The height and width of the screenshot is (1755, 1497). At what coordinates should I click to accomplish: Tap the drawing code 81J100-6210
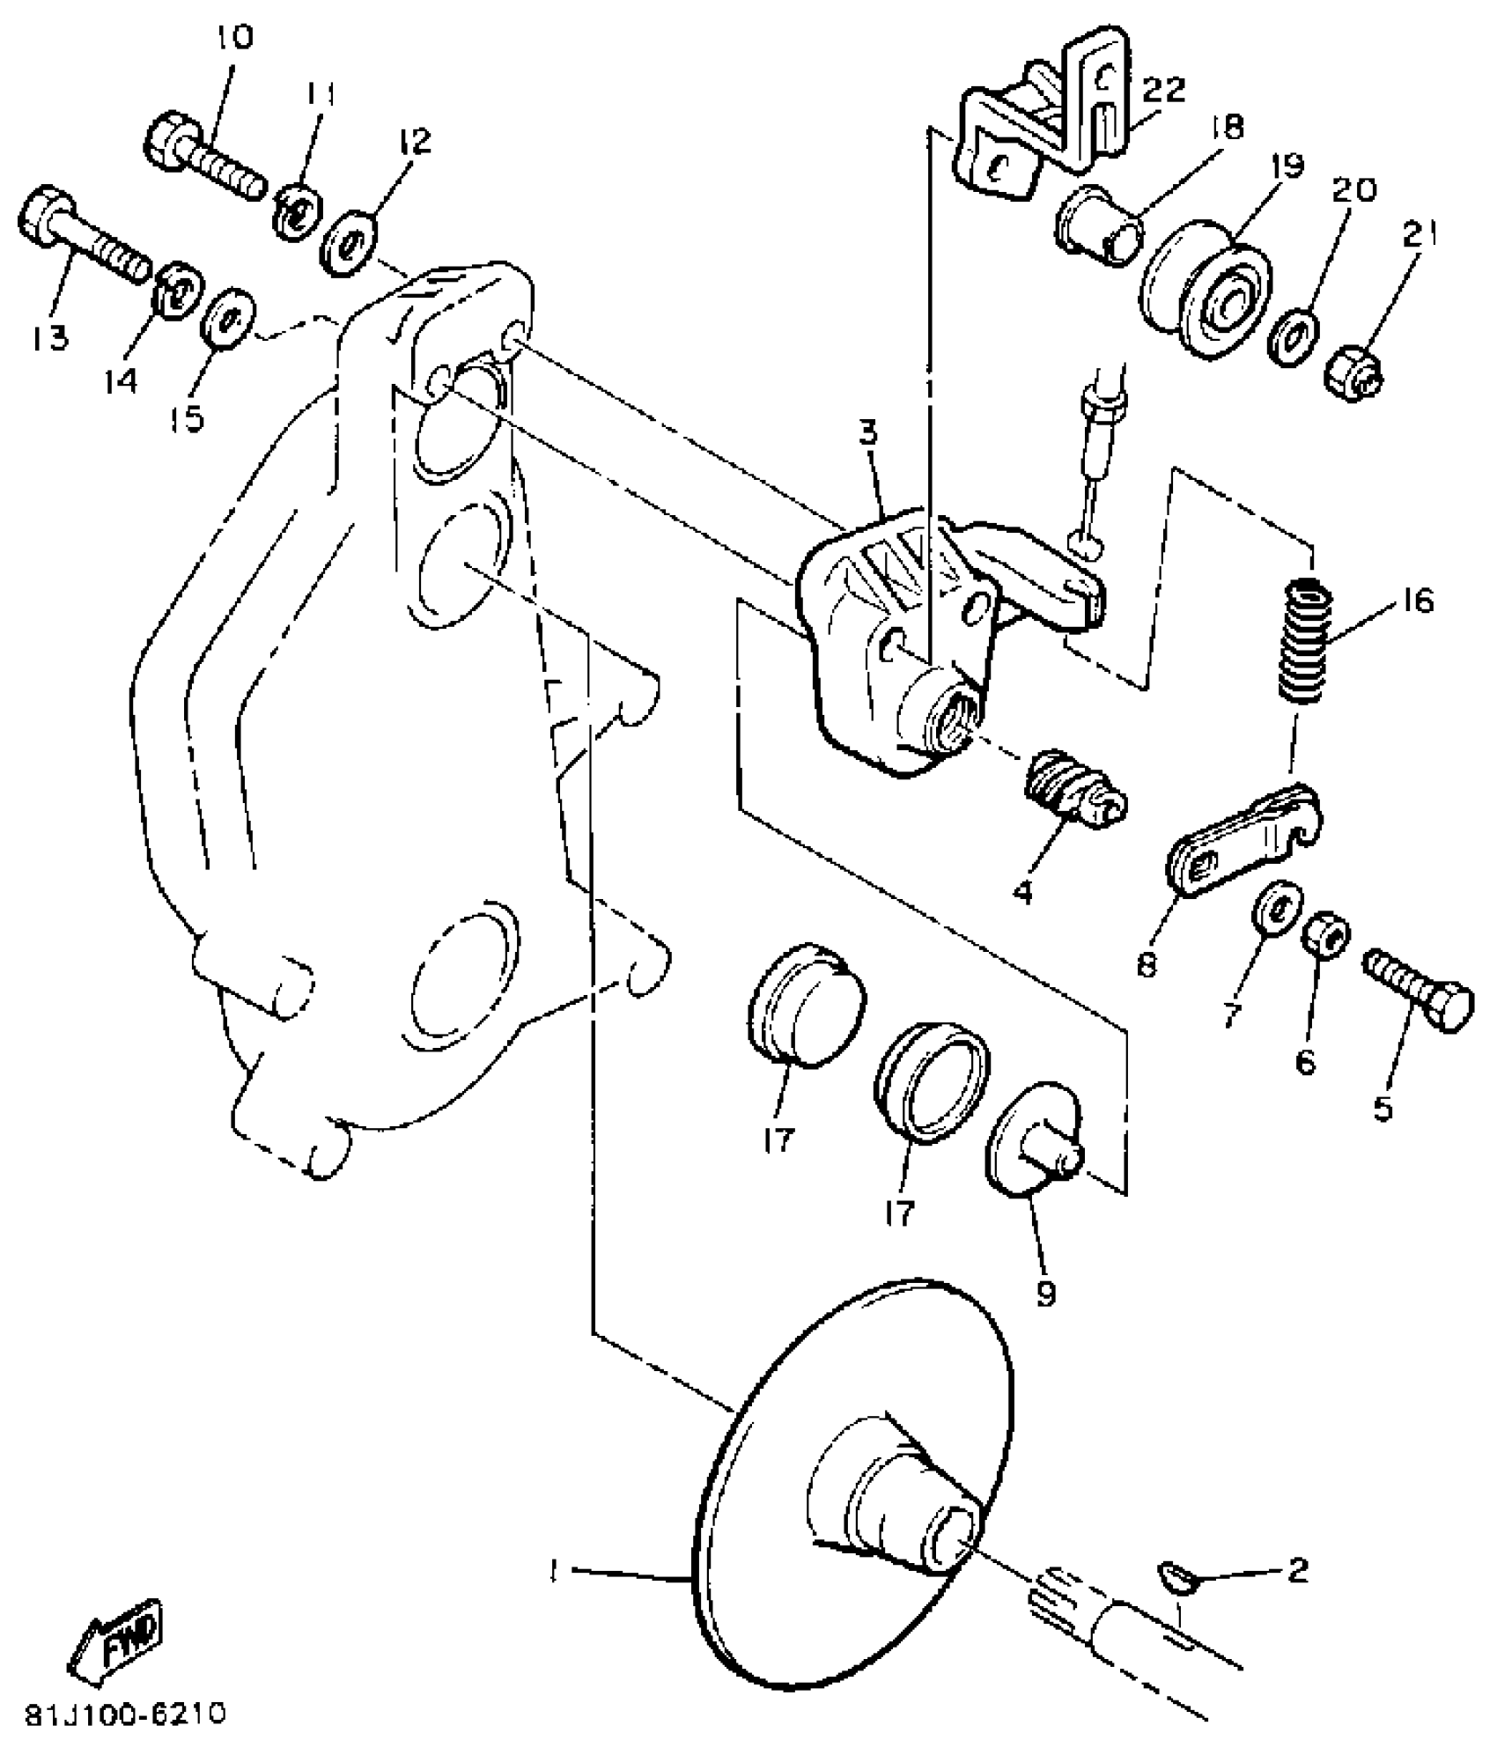tap(125, 1714)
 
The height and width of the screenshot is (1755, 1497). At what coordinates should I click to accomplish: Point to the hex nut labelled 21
tap(1352, 373)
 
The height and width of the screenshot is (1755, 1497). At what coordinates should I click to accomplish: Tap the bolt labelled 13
tap(84, 236)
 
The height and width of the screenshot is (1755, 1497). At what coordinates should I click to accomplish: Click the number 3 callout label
tap(869, 435)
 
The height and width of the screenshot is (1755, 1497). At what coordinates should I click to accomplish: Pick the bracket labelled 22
tap(1048, 123)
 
